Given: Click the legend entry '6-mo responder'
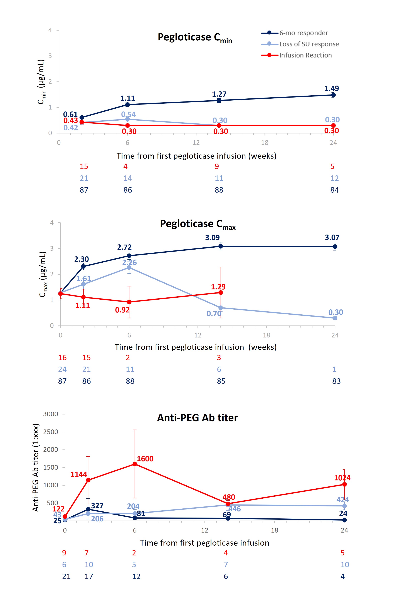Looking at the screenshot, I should [304, 33].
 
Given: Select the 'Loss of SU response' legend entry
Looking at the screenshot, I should [309, 44].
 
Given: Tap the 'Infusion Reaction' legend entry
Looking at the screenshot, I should [305, 55].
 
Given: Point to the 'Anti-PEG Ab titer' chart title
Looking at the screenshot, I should [197, 418].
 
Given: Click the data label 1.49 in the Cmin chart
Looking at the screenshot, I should [331, 88].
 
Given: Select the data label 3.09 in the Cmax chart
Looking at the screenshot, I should [212, 238].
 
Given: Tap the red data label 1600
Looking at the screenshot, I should [145, 459].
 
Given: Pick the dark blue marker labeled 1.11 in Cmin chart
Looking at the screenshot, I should [127, 105].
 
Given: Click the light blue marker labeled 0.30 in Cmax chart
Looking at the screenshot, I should [335, 318].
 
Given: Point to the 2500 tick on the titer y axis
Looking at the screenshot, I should [51, 432].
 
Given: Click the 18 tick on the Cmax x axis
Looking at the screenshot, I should [266, 335].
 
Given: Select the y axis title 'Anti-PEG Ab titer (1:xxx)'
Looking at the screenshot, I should [36, 468].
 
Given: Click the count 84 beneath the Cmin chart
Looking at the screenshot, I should [334, 190].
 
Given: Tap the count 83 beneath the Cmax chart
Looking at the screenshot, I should [336, 381].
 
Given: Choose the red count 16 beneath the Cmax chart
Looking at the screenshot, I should [62, 358].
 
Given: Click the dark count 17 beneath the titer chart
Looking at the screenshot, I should [89, 576].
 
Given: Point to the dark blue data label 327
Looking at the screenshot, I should [97, 506].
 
